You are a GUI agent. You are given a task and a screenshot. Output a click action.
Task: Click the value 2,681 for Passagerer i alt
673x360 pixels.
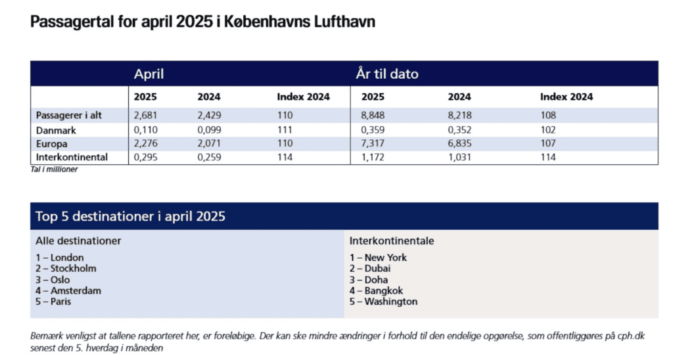[x=146, y=115]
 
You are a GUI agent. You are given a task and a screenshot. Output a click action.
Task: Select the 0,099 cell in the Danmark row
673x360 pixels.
[x=209, y=129]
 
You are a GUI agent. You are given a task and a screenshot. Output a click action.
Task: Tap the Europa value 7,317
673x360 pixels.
[x=373, y=143]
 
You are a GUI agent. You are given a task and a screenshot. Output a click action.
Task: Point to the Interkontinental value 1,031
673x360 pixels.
[x=460, y=157]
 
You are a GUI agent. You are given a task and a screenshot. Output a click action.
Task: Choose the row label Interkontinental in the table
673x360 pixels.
[x=72, y=157]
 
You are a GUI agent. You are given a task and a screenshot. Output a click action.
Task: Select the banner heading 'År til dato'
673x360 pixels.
[x=387, y=74]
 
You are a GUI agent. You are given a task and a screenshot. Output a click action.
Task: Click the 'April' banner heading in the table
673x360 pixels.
[x=149, y=74]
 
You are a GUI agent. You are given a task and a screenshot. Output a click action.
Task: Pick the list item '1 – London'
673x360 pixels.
[x=60, y=258]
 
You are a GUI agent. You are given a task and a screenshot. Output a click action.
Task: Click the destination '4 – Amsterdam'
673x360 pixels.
[x=68, y=290]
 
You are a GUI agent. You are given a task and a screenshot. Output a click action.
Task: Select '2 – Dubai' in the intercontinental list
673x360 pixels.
[x=370, y=269]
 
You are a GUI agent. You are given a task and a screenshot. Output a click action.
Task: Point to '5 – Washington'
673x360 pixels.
[x=383, y=302]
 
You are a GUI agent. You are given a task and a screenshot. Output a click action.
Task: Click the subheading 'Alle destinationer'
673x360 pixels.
[x=78, y=241]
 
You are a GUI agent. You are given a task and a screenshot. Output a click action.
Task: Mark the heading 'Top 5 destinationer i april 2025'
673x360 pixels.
[x=131, y=216]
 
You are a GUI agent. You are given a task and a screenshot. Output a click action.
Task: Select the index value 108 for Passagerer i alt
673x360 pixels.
[x=548, y=115]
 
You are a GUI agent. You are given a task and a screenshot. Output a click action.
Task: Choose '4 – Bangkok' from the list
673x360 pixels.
[x=376, y=290]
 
